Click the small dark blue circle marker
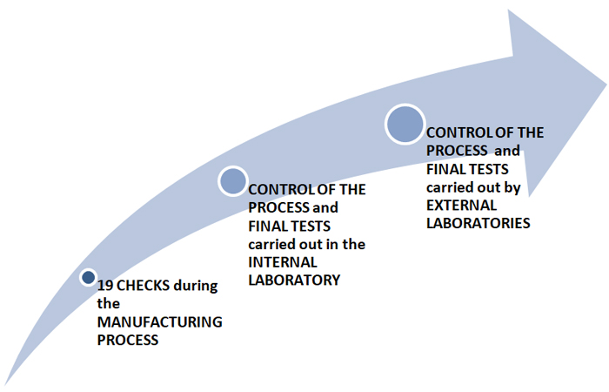[x=89, y=277]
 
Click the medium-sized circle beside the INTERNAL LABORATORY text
[x=232, y=181]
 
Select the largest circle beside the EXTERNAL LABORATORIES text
[x=405, y=124]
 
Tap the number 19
[x=105, y=286]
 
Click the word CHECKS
[x=143, y=286]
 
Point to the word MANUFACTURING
[x=159, y=322]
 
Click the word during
[x=196, y=286]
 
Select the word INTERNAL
[x=283, y=262]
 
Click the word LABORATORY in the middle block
[x=294, y=280]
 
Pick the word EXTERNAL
[x=461, y=206]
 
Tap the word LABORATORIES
[x=478, y=223]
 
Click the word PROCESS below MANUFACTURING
[x=128, y=341]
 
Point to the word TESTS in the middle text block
[x=310, y=226]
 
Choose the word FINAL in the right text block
[x=446, y=170]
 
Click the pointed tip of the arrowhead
[x=606, y=84]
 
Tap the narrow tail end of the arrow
[x=4, y=385]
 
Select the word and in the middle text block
[x=325, y=207]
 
